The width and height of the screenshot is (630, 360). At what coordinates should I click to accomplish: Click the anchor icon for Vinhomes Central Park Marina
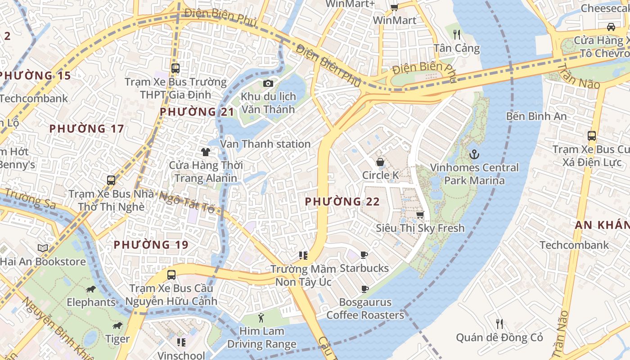point(474,154)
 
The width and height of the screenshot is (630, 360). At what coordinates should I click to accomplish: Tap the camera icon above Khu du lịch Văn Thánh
point(268,83)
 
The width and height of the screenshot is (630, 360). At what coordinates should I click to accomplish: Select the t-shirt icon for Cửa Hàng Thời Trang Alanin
point(206,152)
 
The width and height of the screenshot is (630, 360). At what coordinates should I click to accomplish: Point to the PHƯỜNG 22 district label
point(342,202)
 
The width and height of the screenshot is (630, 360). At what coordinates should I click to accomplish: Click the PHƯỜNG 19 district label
point(151,245)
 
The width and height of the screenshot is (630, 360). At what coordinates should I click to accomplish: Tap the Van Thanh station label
point(265,144)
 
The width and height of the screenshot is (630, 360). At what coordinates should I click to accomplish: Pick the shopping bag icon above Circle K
point(380,162)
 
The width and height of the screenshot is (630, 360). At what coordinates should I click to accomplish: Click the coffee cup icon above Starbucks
point(364,255)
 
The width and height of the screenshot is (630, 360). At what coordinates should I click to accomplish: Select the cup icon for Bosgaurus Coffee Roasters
point(364,289)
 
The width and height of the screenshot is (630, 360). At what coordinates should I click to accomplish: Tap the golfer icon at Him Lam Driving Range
point(261,318)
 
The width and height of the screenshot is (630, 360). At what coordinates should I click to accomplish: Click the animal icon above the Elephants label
point(91,289)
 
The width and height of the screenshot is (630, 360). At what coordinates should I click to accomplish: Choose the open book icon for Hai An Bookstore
point(43,248)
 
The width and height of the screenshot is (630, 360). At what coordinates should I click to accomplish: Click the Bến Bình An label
point(536,116)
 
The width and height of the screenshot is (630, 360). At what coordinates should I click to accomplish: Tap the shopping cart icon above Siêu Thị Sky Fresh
point(420,215)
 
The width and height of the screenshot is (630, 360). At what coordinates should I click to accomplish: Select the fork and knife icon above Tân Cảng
point(457,34)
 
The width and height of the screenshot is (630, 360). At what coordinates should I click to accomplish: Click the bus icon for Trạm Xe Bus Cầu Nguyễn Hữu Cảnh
point(171,274)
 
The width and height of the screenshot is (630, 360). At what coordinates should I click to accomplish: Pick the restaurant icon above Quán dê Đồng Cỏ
point(499,324)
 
